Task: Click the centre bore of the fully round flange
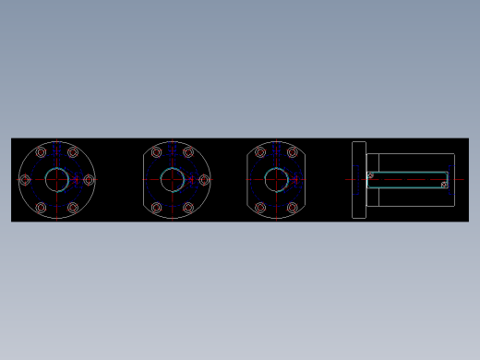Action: [x=57, y=180]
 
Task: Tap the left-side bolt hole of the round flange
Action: [x=25, y=180]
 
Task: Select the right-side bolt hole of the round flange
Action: [x=89, y=180]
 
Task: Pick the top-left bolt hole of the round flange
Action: [x=41, y=152]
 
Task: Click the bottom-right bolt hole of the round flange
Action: [x=73, y=208]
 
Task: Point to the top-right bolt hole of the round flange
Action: [x=73, y=152]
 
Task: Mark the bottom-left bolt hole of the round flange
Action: [x=41, y=208]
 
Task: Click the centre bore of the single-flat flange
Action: [x=173, y=180]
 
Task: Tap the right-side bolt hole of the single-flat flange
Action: [x=204, y=180]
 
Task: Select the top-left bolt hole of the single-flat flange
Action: [x=156, y=152]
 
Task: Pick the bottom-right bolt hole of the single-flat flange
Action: [x=188, y=208]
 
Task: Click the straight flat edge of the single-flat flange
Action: [x=144, y=180]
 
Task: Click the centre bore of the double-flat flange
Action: [x=277, y=180]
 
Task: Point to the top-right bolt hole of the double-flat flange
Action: [x=293, y=152]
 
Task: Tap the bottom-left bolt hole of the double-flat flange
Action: [x=260, y=208]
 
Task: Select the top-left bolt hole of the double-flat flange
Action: [x=260, y=152]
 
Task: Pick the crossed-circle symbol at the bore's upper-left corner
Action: [x=370, y=174]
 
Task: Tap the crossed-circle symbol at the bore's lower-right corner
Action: [x=444, y=185]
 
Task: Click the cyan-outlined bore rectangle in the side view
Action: [x=406, y=180]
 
